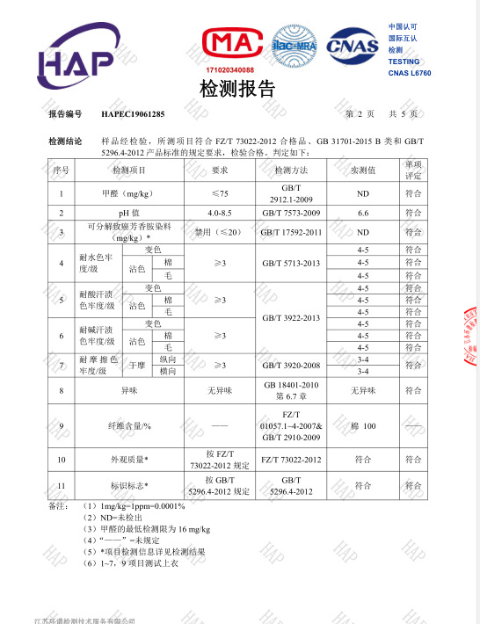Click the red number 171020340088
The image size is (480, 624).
[229, 69]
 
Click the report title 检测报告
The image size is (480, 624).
[238, 89]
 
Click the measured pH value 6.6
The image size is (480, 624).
[362, 214]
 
